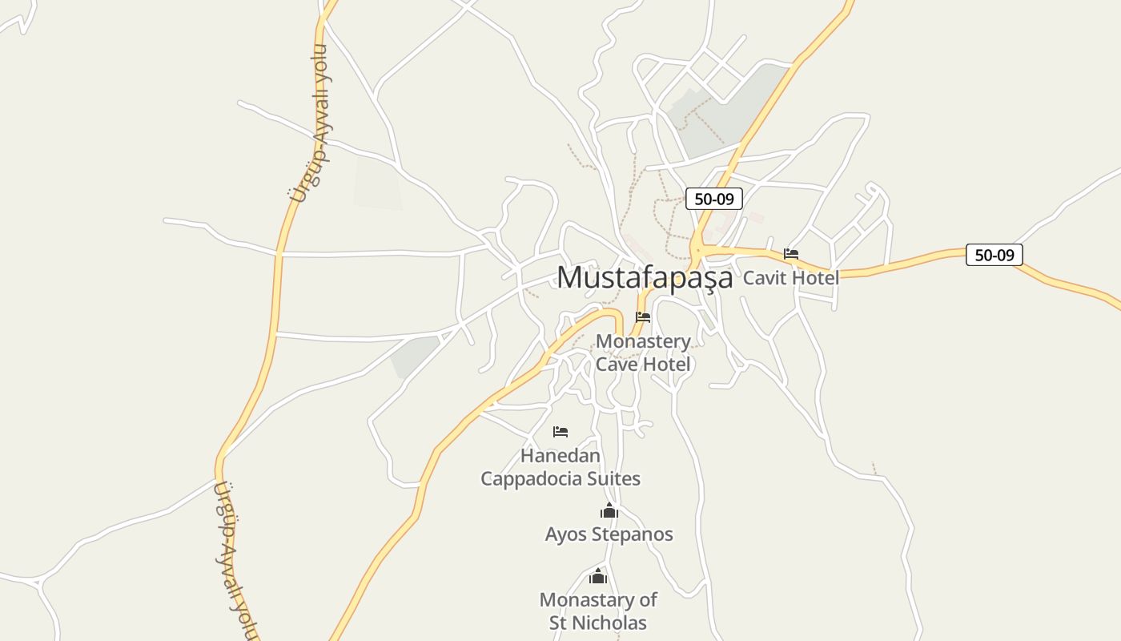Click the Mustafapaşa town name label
point(645,277)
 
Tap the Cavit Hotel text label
point(791,278)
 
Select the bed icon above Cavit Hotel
point(791,254)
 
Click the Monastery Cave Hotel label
point(643,353)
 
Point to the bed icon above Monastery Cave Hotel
point(643,317)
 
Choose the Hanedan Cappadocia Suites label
point(560,467)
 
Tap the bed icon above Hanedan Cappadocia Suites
point(560,432)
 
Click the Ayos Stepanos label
point(609,534)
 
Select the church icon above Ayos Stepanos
point(609,510)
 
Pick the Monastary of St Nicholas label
point(598,611)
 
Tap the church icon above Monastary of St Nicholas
point(598,576)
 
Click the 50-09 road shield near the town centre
point(713,199)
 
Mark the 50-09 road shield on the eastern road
point(994,255)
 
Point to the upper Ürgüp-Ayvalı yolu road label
point(310,124)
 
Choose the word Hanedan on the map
point(560,456)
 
